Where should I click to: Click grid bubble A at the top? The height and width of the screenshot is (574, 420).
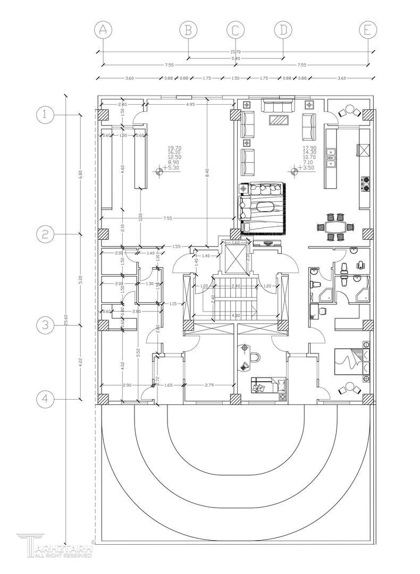coord(103,30)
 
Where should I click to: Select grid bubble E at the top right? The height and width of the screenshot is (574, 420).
coord(367,30)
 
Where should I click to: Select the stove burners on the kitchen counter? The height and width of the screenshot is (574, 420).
coord(366,183)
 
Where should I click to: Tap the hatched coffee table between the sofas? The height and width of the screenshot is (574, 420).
coord(279,120)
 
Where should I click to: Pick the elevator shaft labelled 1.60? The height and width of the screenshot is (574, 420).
coord(236,258)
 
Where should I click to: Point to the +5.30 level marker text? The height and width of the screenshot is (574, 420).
coord(172,168)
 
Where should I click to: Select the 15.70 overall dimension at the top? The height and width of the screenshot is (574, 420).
coord(236,52)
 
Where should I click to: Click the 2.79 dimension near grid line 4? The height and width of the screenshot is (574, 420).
coord(209,385)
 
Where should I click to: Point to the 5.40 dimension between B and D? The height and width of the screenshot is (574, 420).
coord(236,58)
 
